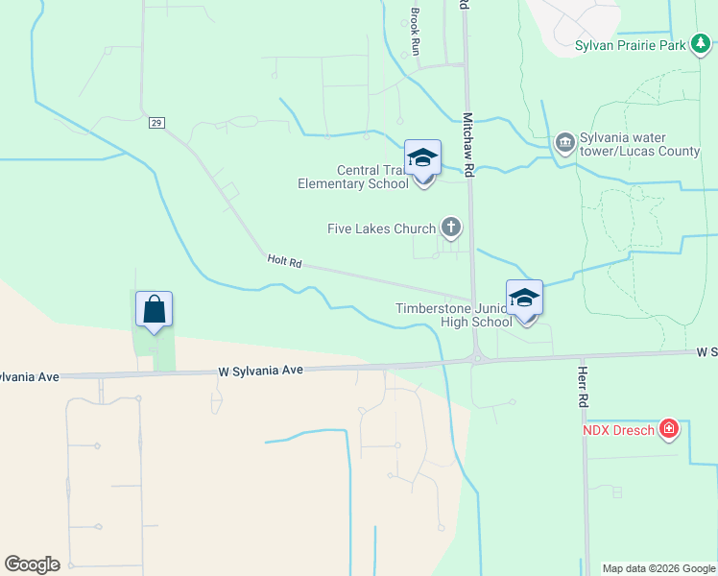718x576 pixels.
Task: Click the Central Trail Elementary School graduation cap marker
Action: click(x=422, y=158)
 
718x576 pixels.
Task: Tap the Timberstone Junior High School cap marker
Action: click(x=525, y=298)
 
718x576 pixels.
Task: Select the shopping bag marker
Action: click(x=154, y=309)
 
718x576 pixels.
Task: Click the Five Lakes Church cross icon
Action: click(x=450, y=228)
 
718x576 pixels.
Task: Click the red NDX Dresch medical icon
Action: click(x=669, y=429)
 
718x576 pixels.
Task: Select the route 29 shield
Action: click(x=156, y=122)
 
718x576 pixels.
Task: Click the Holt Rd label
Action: click(x=284, y=260)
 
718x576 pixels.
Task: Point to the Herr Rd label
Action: click(x=583, y=383)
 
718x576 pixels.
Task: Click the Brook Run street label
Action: click(x=416, y=31)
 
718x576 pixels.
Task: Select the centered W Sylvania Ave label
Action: click(x=261, y=370)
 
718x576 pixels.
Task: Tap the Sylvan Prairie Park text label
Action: click(x=631, y=45)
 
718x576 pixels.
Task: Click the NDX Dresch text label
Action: click(x=620, y=429)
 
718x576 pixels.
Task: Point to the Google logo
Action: click(x=32, y=564)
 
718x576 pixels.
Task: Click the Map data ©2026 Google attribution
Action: click(x=658, y=568)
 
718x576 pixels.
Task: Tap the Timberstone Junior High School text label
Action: click(x=454, y=315)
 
